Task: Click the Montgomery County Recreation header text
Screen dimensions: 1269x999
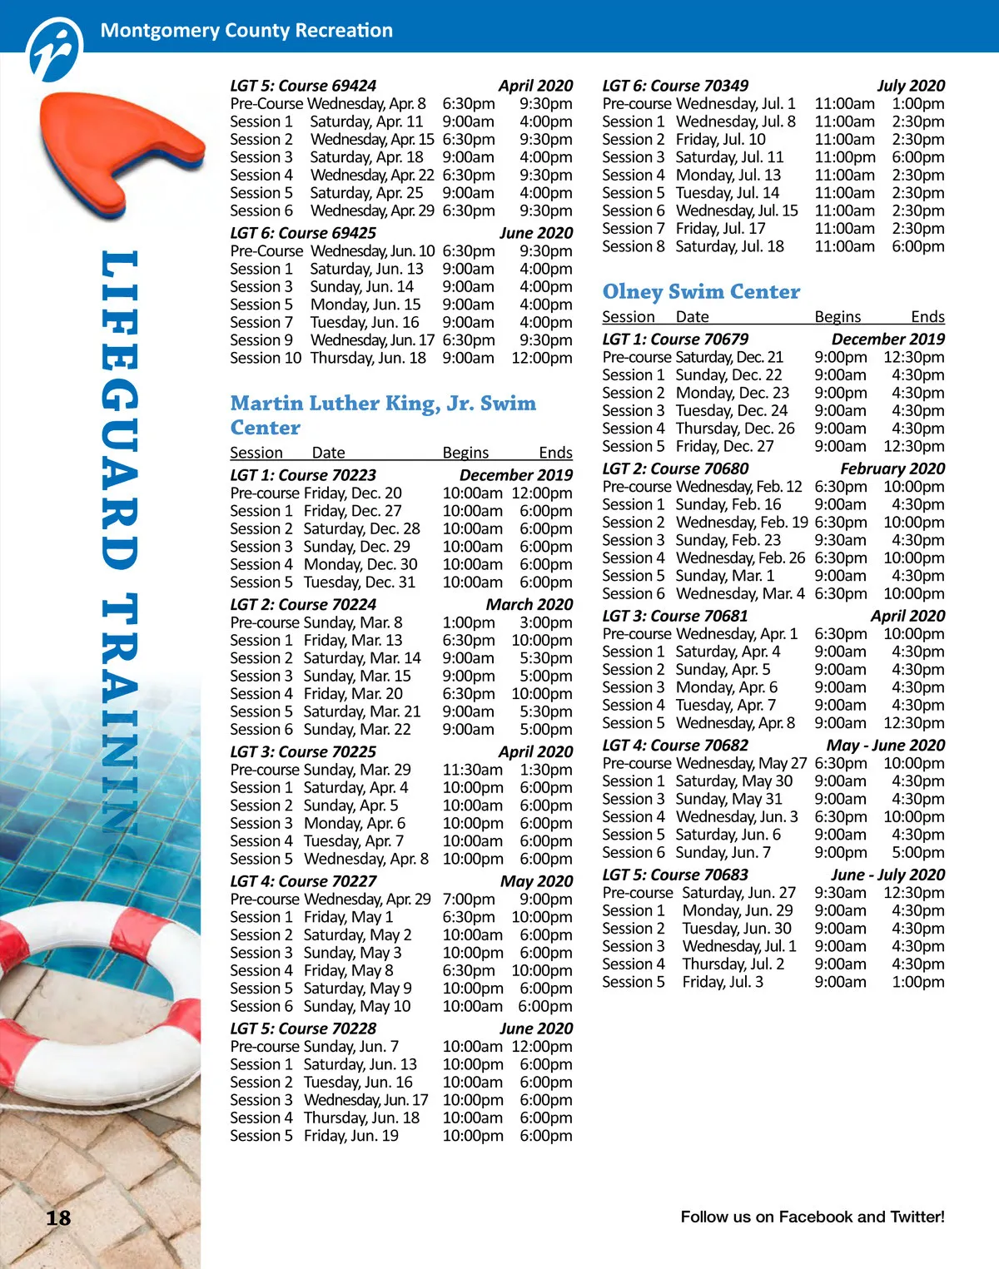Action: (x=246, y=31)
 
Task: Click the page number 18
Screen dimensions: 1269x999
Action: (x=58, y=1218)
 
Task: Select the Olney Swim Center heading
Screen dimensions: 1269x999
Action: (x=701, y=292)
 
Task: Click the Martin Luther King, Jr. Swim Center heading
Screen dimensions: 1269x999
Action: (x=383, y=415)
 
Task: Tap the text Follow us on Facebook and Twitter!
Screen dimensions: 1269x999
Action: (x=813, y=1217)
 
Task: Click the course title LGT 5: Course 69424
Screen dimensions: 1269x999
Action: (x=303, y=86)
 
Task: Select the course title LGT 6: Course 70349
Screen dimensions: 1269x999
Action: (x=675, y=86)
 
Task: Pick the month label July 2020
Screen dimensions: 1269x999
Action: (x=911, y=86)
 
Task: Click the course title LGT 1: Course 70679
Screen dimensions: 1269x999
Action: (x=675, y=340)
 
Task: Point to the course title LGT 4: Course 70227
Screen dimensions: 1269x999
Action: (x=303, y=881)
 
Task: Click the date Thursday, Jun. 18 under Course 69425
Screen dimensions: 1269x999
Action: (x=368, y=358)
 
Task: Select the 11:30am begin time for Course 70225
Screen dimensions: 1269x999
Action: (x=472, y=770)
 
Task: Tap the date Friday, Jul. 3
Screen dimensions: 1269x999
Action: (x=723, y=982)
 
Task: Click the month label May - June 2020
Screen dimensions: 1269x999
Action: (x=885, y=746)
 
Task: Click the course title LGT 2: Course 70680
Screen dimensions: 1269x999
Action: (x=675, y=469)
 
